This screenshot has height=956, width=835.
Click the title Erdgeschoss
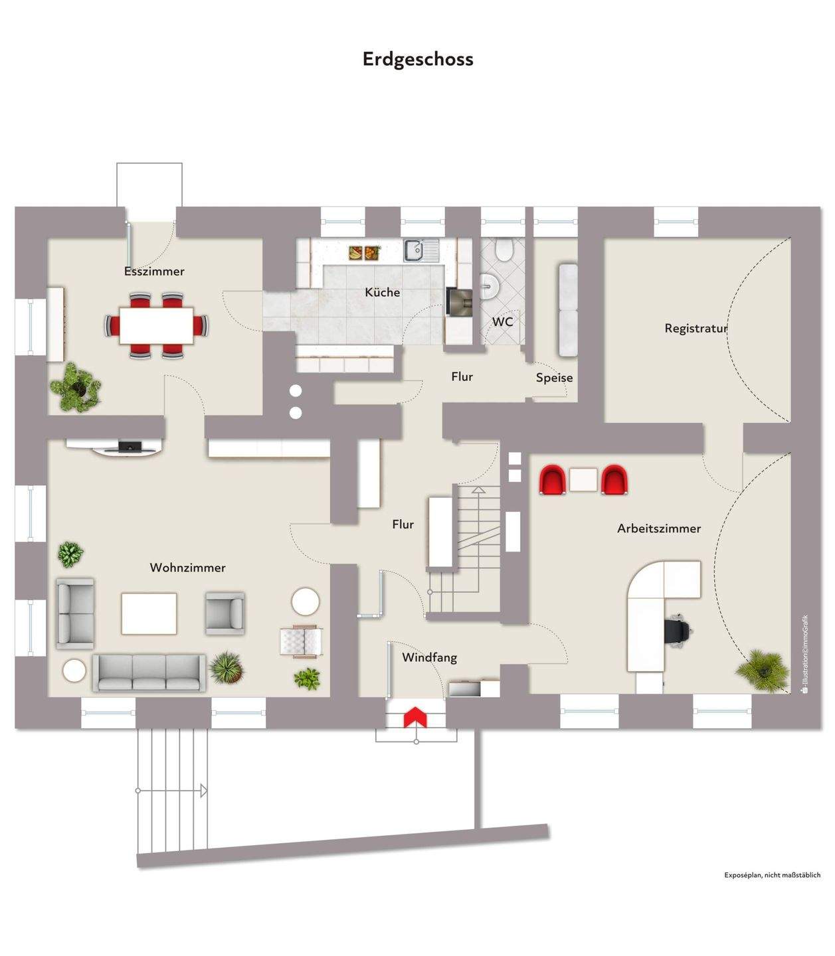point(418,59)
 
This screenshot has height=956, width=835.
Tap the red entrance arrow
point(415,716)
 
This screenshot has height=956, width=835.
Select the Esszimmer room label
point(154,272)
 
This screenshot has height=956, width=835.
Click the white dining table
point(157,325)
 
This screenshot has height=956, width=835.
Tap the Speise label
point(554,378)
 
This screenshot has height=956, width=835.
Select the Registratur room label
point(696,328)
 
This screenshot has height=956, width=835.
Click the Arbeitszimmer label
point(659,528)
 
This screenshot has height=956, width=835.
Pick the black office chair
point(677,629)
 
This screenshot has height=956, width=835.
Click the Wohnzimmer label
point(187,568)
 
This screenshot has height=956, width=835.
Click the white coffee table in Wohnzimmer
point(149,613)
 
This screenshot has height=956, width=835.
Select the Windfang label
point(429,657)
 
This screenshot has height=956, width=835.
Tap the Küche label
point(383,292)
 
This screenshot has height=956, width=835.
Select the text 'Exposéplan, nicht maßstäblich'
point(772,875)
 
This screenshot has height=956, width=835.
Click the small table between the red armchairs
point(583,479)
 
